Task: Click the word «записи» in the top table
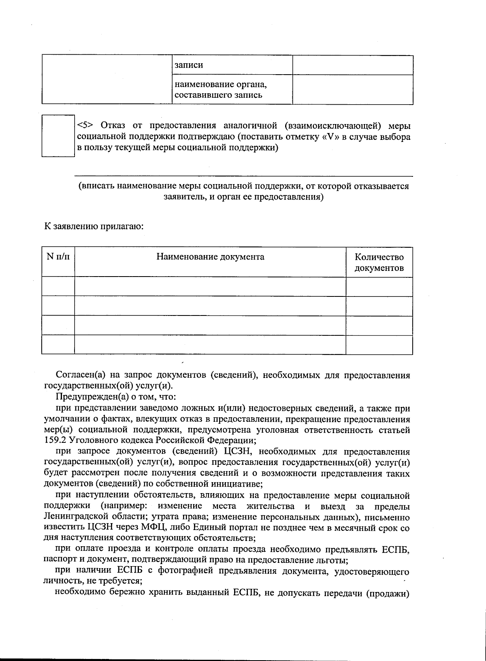[188, 65]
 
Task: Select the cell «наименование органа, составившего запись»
[232, 90]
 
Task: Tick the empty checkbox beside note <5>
[58, 136]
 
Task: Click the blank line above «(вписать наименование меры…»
[243, 174]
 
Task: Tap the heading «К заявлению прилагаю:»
[94, 226]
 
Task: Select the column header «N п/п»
[58, 257]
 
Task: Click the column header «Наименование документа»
[210, 257]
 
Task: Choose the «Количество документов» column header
[379, 262]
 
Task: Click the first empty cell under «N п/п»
[58, 287]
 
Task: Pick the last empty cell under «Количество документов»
[379, 345]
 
